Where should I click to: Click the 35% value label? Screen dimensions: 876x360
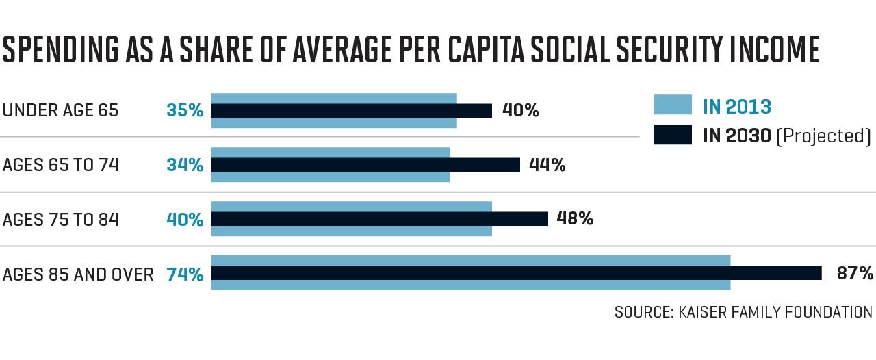point(185,110)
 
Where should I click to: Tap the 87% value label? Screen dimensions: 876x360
point(855,273)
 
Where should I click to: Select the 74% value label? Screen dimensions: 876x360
point(185,274)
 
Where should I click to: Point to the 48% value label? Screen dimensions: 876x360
point(575,218)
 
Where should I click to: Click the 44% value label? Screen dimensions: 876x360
point(547,165)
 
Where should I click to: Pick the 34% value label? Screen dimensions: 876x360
point(185,165)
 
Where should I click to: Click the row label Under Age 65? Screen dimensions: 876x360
point(60,110)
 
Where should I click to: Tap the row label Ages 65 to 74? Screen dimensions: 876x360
point(60,165)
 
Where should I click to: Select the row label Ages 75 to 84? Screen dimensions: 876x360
point(60,220)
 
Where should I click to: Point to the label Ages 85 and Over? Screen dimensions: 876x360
point(78,274)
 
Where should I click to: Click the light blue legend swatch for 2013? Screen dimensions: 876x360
point(673,105)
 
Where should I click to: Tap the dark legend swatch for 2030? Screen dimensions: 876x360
point(673,135)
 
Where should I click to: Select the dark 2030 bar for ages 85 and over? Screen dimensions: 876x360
point(517,273)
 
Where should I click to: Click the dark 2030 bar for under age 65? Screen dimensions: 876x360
point(352,111)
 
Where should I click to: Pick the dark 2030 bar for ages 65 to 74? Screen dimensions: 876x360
point(365,165)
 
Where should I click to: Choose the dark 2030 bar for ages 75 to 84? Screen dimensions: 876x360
point(380,219)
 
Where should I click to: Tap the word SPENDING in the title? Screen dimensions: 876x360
point(61,49)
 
